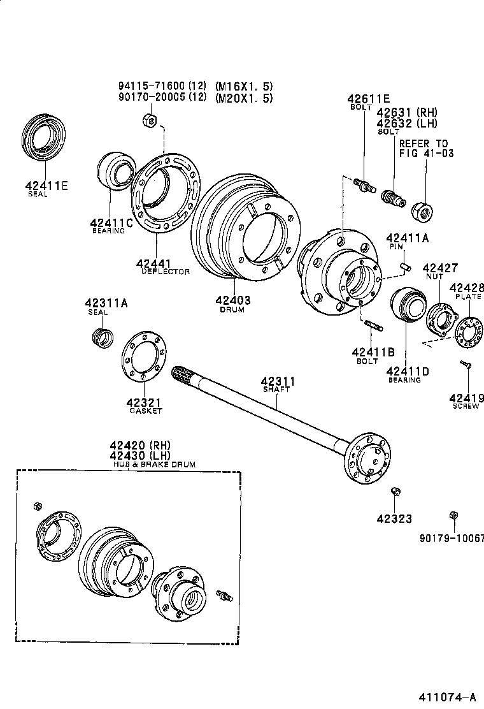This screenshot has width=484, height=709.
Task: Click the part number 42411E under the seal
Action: [46, 186]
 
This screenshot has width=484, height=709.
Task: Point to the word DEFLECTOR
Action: [166, 272]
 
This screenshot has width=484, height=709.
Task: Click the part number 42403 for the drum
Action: [232, 300]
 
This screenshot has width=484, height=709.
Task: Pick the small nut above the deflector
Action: [146, 119]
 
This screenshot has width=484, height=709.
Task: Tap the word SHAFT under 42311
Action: [276, 389]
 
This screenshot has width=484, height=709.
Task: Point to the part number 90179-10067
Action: [451, 539]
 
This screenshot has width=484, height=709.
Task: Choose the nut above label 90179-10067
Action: [453, 515]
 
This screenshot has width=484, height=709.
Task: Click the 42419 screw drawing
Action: [466, 365]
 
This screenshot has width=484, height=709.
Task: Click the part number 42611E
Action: [368, 99]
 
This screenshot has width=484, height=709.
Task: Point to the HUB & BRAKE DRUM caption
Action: [154, 465]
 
